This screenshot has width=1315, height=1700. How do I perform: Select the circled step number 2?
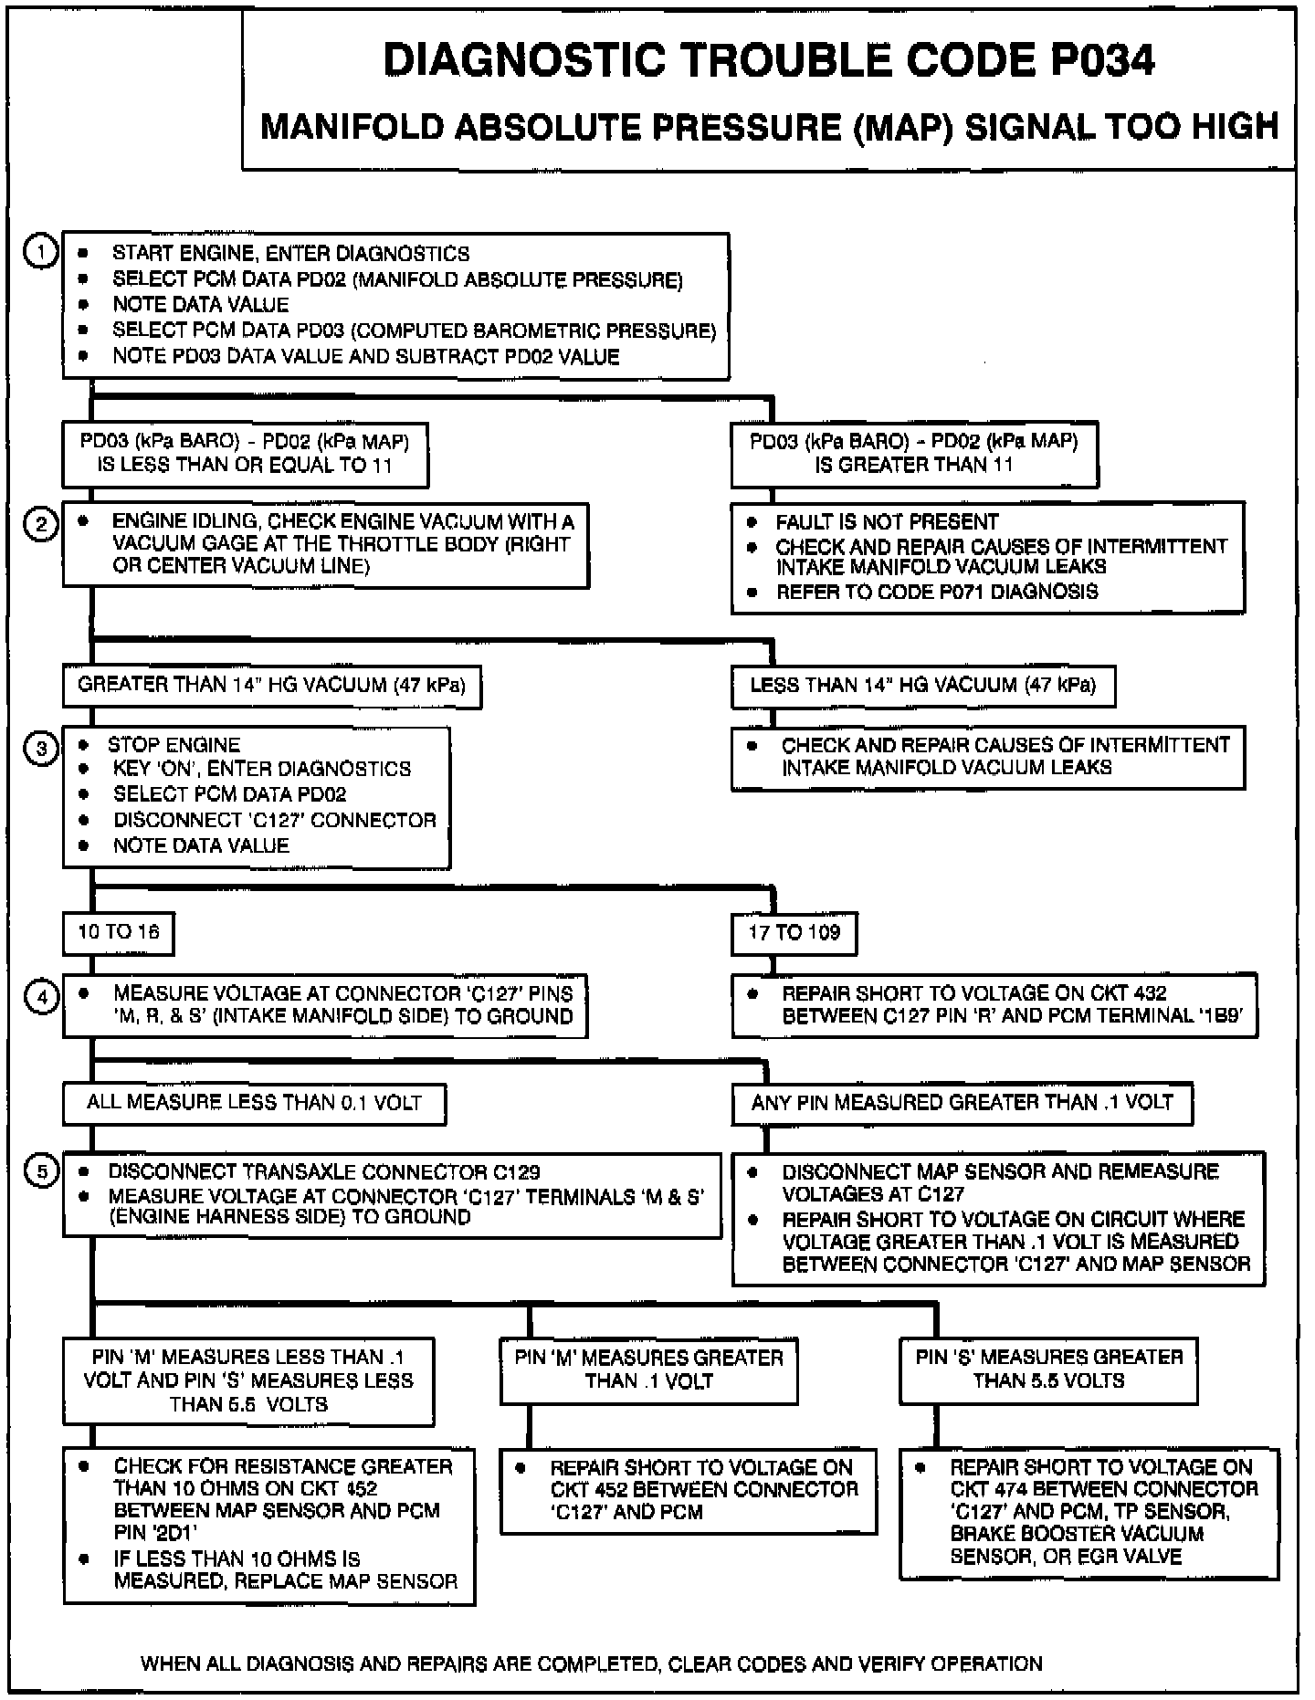point(41,524)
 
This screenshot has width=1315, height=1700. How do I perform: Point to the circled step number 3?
point(41,749)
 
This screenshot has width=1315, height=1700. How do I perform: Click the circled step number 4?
point(41,998)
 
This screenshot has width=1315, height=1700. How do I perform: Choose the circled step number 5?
point(41,1172)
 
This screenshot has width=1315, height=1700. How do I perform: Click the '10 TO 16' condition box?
point(118,932)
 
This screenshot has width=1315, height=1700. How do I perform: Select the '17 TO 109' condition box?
point(794,933)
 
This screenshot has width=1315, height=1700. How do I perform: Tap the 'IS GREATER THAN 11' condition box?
point(913,454)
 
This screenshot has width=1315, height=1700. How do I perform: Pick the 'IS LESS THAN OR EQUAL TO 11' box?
point(245,454)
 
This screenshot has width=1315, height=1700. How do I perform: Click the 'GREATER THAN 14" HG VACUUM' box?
point(271,686)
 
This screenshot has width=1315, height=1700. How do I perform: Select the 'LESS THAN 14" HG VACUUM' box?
point(922,686)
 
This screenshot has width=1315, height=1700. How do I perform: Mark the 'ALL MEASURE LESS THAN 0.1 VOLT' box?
point(254,1103)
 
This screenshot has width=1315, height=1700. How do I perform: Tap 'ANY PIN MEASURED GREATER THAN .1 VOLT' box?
point(962,1103)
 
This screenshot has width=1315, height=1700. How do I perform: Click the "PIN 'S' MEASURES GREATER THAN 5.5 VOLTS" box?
point(1048,1369)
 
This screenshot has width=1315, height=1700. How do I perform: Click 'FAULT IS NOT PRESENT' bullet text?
point(887,522)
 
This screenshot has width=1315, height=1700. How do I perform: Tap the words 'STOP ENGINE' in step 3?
point(174,745)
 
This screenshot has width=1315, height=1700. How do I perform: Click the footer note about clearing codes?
point(591,1663)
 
